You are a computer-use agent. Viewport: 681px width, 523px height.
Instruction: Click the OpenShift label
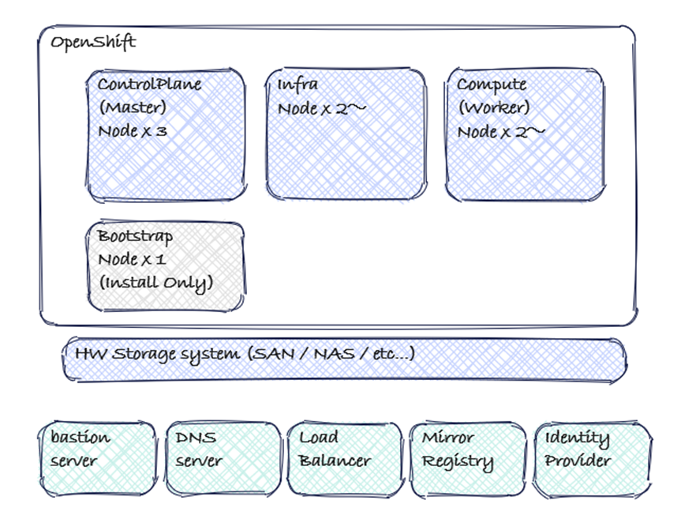pos(93,43)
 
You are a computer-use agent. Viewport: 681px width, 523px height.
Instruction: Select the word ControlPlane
pos(149,85)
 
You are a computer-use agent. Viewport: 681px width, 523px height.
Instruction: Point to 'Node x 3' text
pos(133,131)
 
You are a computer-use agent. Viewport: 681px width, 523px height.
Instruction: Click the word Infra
pos(294,85)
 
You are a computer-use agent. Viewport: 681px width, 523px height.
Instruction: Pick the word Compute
pos(492,85)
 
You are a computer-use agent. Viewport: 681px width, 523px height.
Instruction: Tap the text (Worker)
pos(493,107)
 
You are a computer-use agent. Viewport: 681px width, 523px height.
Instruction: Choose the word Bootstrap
pos(135,236)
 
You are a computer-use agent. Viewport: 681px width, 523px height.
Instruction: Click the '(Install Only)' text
pos(155,282)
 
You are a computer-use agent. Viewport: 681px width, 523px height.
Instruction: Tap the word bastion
pos(80,437)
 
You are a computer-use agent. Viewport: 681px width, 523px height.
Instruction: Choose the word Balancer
pos(335,461)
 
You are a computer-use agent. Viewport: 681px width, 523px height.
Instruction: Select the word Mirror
pos(448,437)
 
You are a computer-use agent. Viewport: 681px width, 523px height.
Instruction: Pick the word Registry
pos(458,461)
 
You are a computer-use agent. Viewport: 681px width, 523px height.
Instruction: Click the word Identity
pos(577,438)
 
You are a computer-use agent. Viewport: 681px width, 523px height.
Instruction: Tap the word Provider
pos(578,461)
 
